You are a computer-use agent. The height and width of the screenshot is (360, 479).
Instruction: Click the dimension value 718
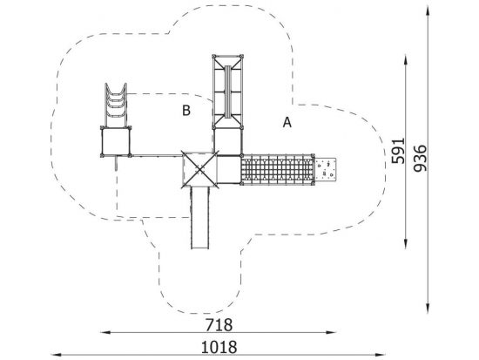219,325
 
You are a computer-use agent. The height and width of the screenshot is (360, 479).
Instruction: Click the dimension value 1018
219,347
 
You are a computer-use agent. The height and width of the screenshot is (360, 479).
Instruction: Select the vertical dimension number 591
398,151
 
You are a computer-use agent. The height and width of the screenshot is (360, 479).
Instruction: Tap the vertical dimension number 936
419,158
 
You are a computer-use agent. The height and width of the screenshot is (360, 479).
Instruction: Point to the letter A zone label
287,122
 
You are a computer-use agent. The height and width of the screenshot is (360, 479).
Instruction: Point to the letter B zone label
186,111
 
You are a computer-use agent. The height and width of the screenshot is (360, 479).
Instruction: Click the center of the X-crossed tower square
199,168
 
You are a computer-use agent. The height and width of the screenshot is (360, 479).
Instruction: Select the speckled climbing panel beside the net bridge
325,169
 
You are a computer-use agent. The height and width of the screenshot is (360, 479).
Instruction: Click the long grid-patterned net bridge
277,169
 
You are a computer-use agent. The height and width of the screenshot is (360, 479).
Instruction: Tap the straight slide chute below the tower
200,217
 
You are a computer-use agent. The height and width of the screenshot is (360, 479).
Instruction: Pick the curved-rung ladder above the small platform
116,105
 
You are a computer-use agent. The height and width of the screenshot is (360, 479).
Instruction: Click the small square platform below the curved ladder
116,141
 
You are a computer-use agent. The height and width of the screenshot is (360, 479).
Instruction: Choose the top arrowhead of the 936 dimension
428,11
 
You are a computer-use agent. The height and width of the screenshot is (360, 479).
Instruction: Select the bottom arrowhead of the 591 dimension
406,244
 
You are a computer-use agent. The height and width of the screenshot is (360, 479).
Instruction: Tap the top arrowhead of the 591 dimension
406,59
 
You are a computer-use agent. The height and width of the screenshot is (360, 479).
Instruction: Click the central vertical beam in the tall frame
227,92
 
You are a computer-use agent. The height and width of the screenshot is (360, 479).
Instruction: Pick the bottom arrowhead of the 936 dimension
428,309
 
